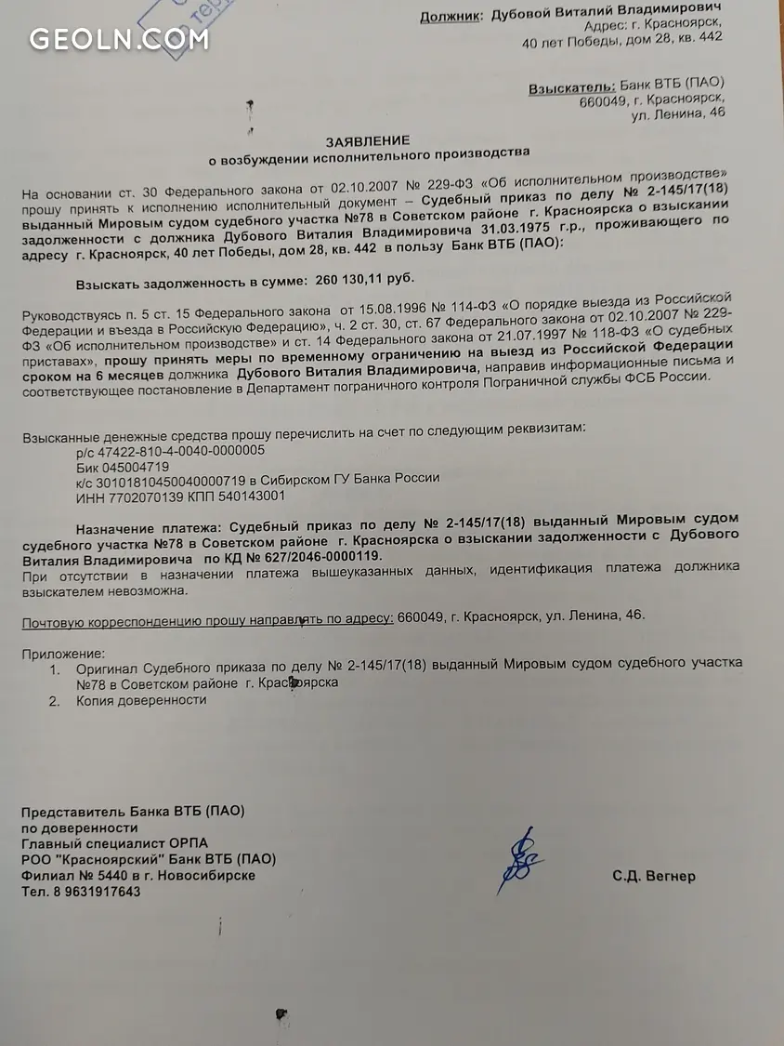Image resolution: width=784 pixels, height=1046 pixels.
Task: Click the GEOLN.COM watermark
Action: [119, 39]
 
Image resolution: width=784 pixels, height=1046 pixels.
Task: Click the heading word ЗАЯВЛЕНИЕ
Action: [367, 140]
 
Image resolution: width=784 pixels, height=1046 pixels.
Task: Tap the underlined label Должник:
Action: [451, 16]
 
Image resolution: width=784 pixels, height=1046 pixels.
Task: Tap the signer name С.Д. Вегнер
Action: [653, 876]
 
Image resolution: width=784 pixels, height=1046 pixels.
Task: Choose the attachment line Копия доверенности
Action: [141, 700]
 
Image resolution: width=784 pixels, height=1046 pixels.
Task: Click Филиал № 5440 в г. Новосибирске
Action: [138, 875]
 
